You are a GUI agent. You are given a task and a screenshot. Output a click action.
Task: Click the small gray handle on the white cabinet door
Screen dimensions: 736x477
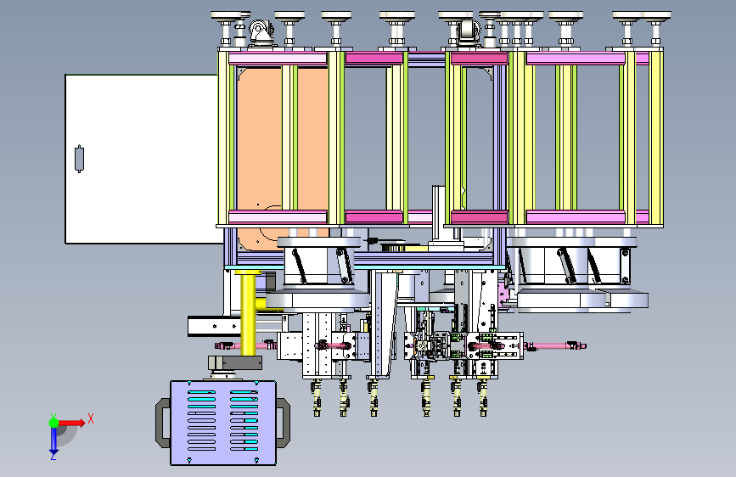pos(79,159)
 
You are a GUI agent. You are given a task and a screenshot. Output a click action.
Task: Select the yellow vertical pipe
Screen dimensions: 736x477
pos(248,315)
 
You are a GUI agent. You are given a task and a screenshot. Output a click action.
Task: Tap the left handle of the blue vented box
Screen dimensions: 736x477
pos(163,423)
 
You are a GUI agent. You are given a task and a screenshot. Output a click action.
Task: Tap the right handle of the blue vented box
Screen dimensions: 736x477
pos(283,423)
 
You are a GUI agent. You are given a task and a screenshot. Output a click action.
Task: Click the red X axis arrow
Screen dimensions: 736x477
pos(71,423)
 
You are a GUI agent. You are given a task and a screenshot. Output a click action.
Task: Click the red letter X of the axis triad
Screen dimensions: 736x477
pos(91,418)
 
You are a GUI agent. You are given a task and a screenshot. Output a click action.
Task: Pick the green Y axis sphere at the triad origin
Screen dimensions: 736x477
pos(53,423)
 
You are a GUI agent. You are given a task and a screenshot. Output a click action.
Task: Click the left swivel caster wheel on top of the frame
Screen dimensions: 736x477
pos(261,32)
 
